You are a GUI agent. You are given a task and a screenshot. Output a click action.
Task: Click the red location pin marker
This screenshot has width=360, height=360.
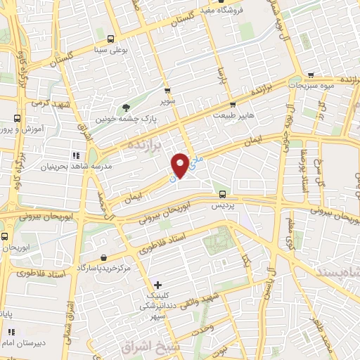(x=181, y=165)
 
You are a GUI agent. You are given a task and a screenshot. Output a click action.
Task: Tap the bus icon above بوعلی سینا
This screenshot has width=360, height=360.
(x=110, y=39)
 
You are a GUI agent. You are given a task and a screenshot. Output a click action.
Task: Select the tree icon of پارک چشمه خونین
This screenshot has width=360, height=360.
(x=126, y=107)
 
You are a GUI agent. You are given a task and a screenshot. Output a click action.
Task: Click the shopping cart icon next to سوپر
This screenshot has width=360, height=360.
(x=167, y=91)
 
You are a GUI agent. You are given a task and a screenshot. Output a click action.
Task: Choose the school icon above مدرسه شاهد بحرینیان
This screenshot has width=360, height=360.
(x=75, y=155)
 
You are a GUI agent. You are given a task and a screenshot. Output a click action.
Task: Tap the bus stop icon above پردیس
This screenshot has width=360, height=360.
(x=222, y=194)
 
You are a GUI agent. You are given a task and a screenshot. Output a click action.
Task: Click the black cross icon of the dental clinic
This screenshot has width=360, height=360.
(x=157, y=285)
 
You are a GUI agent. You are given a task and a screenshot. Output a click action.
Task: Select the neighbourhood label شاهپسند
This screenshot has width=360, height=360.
(x=340, y=271)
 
